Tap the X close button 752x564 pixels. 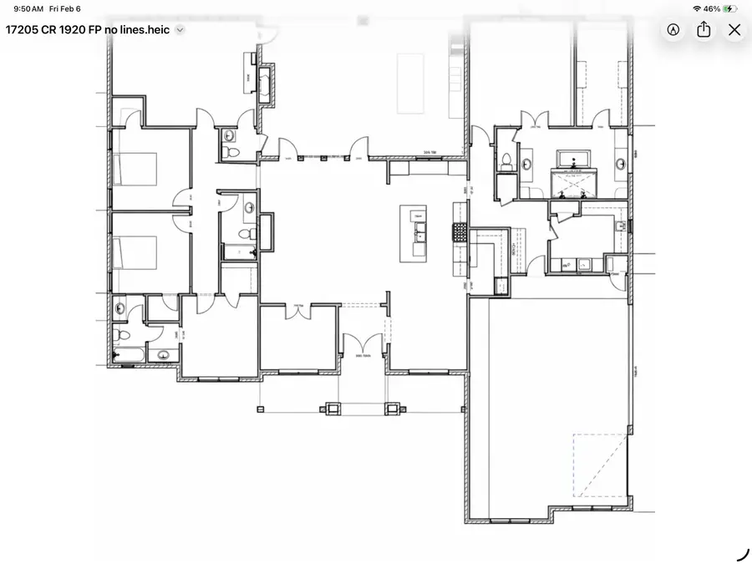tap(734, 30)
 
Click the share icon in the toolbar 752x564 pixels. tap(704, 30)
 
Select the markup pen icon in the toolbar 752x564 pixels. tap(673, 30)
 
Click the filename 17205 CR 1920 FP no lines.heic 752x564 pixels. tap(88, 29)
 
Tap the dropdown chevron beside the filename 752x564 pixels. tap(180, 29)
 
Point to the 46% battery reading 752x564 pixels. tap(712, 8)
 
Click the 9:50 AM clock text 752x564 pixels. tap(29, 8)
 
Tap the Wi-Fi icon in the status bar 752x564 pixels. tap(697, 8)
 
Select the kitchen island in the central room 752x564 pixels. tap(414, 234)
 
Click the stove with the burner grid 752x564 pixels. tap(458, 231)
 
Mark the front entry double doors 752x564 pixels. tap(363, 344)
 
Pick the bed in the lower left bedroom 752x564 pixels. tap(135, 252)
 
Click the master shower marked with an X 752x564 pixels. tap(573, 185)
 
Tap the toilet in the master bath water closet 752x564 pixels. tap(506, 160)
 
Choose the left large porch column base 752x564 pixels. tap(333, 409)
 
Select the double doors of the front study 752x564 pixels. tap(297, 311)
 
